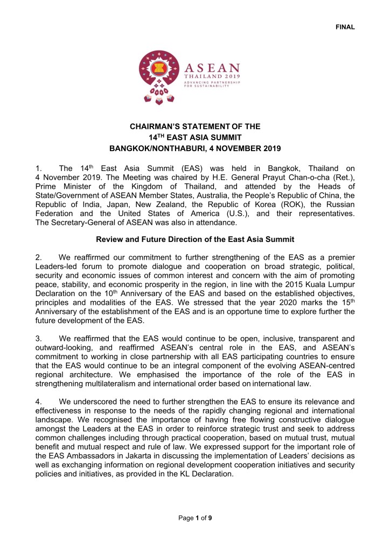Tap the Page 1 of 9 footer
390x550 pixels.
click(194, 519)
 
